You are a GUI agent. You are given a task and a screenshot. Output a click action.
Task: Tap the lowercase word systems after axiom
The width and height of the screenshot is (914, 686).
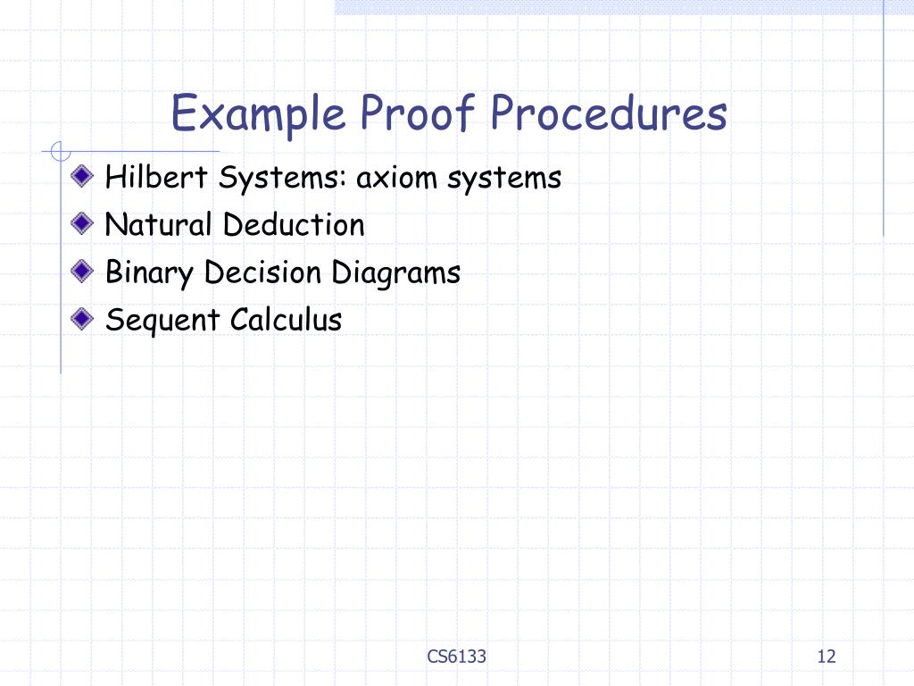point(504,179)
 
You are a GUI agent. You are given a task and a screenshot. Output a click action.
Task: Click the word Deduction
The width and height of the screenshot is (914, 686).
point(294,224)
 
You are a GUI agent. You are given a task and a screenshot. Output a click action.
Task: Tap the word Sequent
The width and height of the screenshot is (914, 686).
point(163,320)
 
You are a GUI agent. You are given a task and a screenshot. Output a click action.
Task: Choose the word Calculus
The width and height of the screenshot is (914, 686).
point(286,319)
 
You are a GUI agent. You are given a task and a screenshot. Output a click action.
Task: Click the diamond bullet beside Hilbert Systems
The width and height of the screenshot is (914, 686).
point(83,176)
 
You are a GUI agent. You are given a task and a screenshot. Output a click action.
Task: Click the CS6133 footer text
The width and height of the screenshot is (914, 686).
point(457,657)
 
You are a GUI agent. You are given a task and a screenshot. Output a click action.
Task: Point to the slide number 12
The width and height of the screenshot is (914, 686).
point(826,657)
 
